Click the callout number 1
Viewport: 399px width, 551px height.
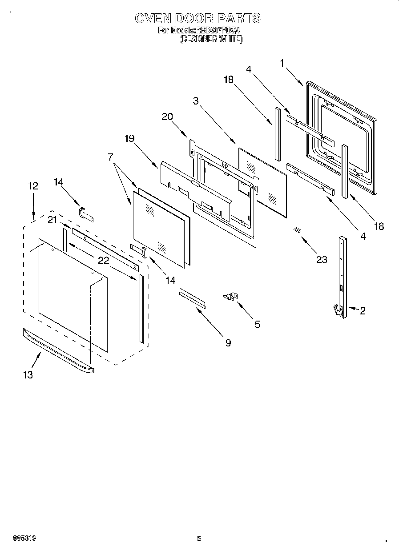(x=282, y=63)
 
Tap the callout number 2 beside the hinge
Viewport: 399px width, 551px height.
(x=363, y=311)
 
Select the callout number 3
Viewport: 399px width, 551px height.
(x=196, y=101)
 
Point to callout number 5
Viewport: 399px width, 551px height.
(x=257, y=324)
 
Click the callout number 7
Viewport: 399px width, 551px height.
(x=110, y=157)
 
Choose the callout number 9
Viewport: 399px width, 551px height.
(x=228, y=343)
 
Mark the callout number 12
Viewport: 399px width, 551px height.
(x=33, y=186)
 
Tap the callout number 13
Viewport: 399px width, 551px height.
(x=28, y=375)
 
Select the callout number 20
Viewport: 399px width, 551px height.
(x=167, y=117)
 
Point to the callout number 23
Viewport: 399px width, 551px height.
(x=321, y=260)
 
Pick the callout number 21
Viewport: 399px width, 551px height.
(x=53, y=220)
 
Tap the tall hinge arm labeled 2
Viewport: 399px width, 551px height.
(x=343, y=276)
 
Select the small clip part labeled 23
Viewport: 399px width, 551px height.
(x=297, y=229)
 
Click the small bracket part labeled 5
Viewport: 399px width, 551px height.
(x=231, y=296)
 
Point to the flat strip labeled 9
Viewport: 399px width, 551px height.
(x=192, y=297)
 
